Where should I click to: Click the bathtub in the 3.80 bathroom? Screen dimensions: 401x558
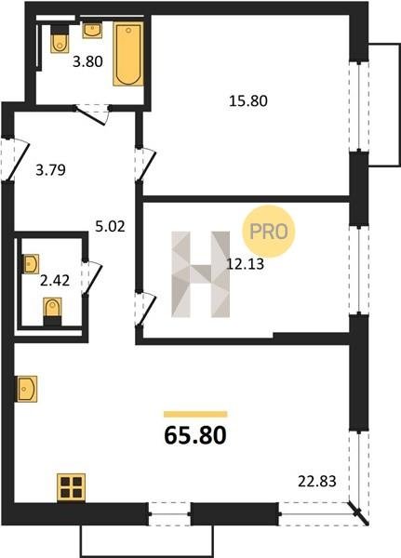(x=128, y=54)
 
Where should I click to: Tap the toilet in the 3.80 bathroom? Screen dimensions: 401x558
(x=60, y=39)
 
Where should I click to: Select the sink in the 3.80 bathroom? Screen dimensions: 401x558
(x=93, y=31)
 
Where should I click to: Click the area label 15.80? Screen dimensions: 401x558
(x=248, y=101)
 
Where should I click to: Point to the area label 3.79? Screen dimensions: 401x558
(x=51, y=170)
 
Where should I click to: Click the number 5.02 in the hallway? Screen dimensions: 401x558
(x=111, y=226)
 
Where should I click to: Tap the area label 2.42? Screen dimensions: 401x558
(x=55, y=281)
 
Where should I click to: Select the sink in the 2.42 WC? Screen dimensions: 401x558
(x=31, y=264)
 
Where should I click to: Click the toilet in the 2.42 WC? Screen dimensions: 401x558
(x=52, y=312)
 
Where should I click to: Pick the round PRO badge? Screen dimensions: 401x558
(x=269, y=232)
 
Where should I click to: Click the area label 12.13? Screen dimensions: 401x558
(x=246, y=264)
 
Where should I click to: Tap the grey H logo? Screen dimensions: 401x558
(x=201, y=274)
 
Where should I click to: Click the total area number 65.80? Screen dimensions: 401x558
(x=195, y=435)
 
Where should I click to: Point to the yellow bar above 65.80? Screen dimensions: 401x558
(x=195, y=414)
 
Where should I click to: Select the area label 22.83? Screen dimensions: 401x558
(x=317, y=482)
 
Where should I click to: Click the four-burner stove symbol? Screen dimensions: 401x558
(x=72, y=487)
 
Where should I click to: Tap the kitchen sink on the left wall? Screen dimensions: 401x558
(x=26, y=389)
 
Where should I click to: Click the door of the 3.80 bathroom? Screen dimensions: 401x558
(x=92, y=114)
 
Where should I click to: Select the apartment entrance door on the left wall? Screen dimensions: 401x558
(x=15, y=160)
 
